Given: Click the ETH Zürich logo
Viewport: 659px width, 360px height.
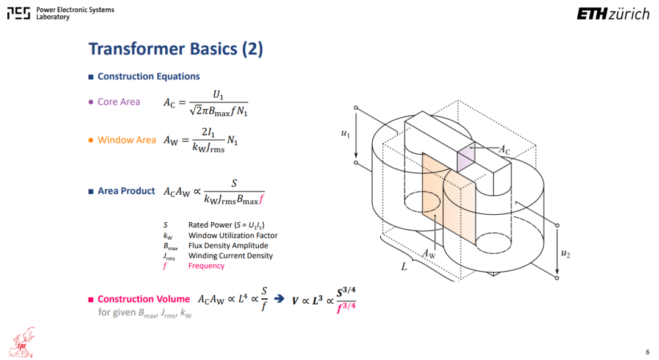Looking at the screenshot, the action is (613, 14).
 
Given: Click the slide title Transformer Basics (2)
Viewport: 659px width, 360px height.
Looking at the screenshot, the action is (176, 49).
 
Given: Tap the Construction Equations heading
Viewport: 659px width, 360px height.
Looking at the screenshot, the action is (148, 76).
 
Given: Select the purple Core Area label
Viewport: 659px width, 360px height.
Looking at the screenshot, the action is (118, 102).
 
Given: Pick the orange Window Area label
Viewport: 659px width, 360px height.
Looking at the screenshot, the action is (126, 140).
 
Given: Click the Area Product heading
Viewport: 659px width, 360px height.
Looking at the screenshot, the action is (126, 191).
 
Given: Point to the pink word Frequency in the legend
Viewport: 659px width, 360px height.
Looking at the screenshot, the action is (206, 265).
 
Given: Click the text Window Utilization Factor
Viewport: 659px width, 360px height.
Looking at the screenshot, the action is (233, 236).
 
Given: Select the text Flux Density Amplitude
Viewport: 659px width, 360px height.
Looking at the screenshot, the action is (228, 245).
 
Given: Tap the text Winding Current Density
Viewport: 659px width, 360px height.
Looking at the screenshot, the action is (230, 256).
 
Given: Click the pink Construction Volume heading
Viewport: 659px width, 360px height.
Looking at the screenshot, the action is (144, 299).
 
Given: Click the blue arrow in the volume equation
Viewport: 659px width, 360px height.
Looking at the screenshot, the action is (279, 298).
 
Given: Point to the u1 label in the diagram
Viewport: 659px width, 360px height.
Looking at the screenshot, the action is (345, 134).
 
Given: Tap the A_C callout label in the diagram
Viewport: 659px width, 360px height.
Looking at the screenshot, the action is (505, 149).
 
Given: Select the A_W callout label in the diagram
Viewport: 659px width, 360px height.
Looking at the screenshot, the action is (429, 253).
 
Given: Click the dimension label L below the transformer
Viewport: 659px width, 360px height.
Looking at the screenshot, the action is (404, 267).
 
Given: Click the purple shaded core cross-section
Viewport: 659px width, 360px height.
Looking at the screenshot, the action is (466, 157).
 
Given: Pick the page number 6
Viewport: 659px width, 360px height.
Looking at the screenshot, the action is (647, 352).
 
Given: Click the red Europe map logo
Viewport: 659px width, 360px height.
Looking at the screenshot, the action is (23, 342).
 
